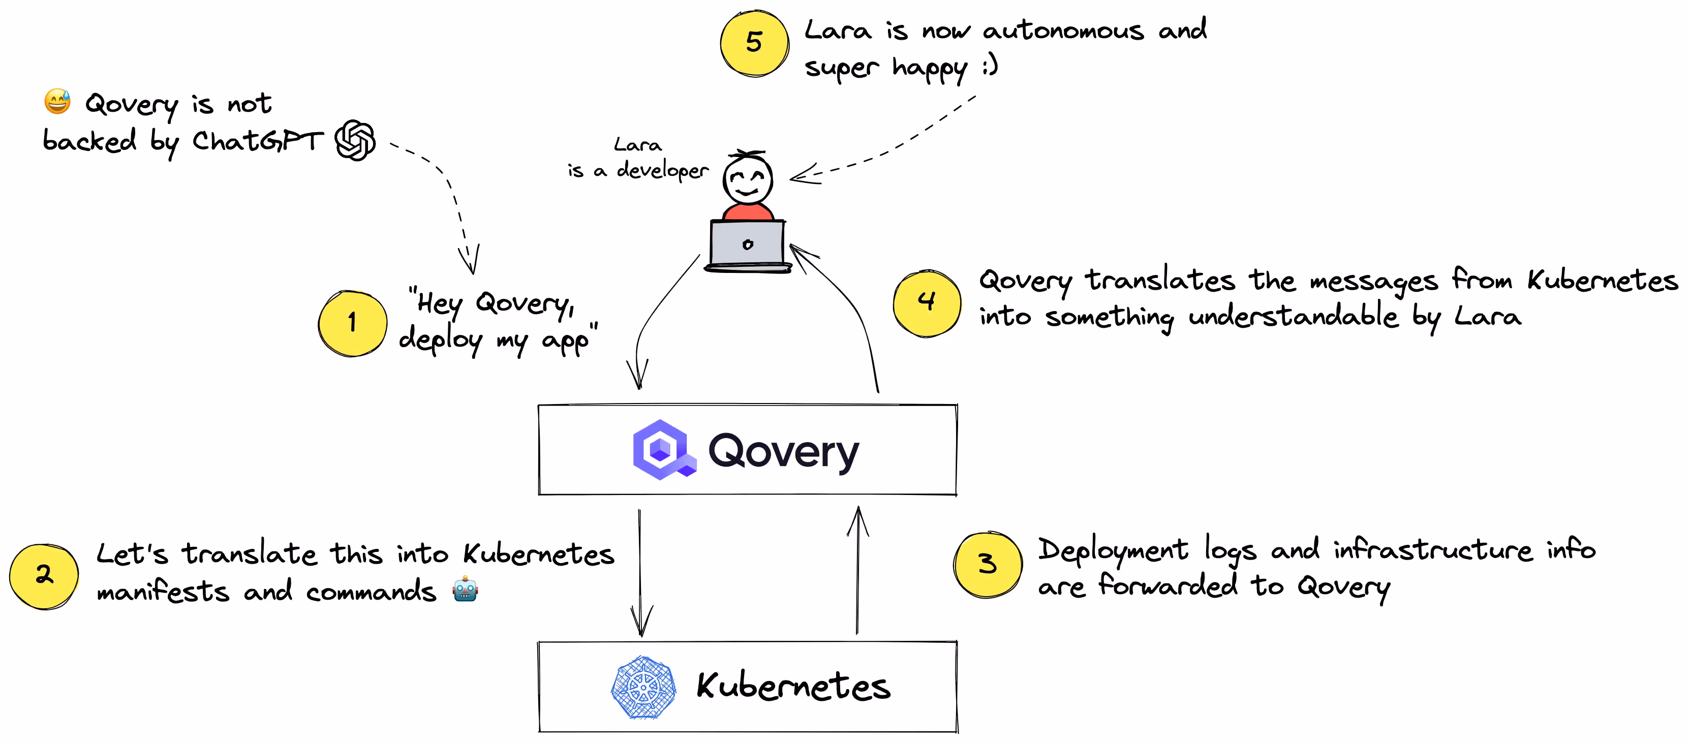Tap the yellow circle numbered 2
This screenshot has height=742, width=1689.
tap(44, 575)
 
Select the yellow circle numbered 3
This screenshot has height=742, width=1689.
tap(988, 564)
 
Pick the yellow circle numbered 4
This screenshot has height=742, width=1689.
tap(927, 303)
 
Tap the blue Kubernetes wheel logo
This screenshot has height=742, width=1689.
tap(643, 688)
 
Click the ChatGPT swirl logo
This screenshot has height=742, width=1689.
tap(355, 140)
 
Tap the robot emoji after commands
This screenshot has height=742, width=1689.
tap(465, 589)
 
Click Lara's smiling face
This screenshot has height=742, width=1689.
tap(748, 178)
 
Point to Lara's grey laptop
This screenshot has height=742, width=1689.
tap(748, 245)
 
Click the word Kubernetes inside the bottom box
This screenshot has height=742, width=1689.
tap(793, 686)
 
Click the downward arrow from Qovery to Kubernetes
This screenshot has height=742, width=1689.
tap(640, 570)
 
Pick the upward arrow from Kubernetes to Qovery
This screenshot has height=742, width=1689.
tap(857, 570)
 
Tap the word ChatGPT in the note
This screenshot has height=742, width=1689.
tap(257, 141)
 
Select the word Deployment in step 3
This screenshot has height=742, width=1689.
tap(1113, 550)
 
